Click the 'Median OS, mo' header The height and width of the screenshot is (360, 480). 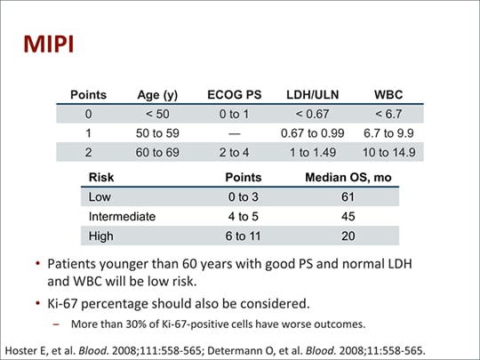(x=348, y=177)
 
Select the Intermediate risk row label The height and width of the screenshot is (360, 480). (x=122, y=216)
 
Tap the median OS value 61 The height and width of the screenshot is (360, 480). (x=348, y=196)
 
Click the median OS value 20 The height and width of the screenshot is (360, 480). (x=348, y=236)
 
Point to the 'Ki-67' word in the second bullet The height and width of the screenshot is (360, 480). (x=68, y=302)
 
